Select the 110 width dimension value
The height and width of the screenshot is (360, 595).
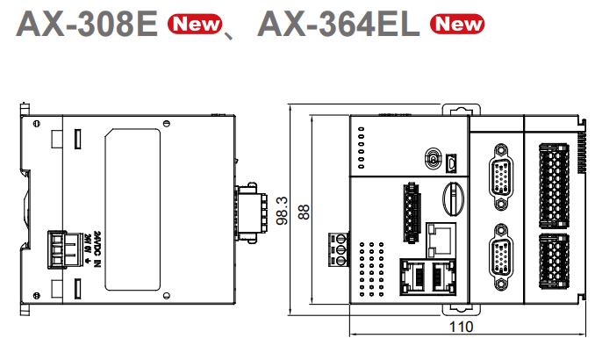click(460, 327)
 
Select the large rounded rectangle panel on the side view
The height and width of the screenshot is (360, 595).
click(133, 208)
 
